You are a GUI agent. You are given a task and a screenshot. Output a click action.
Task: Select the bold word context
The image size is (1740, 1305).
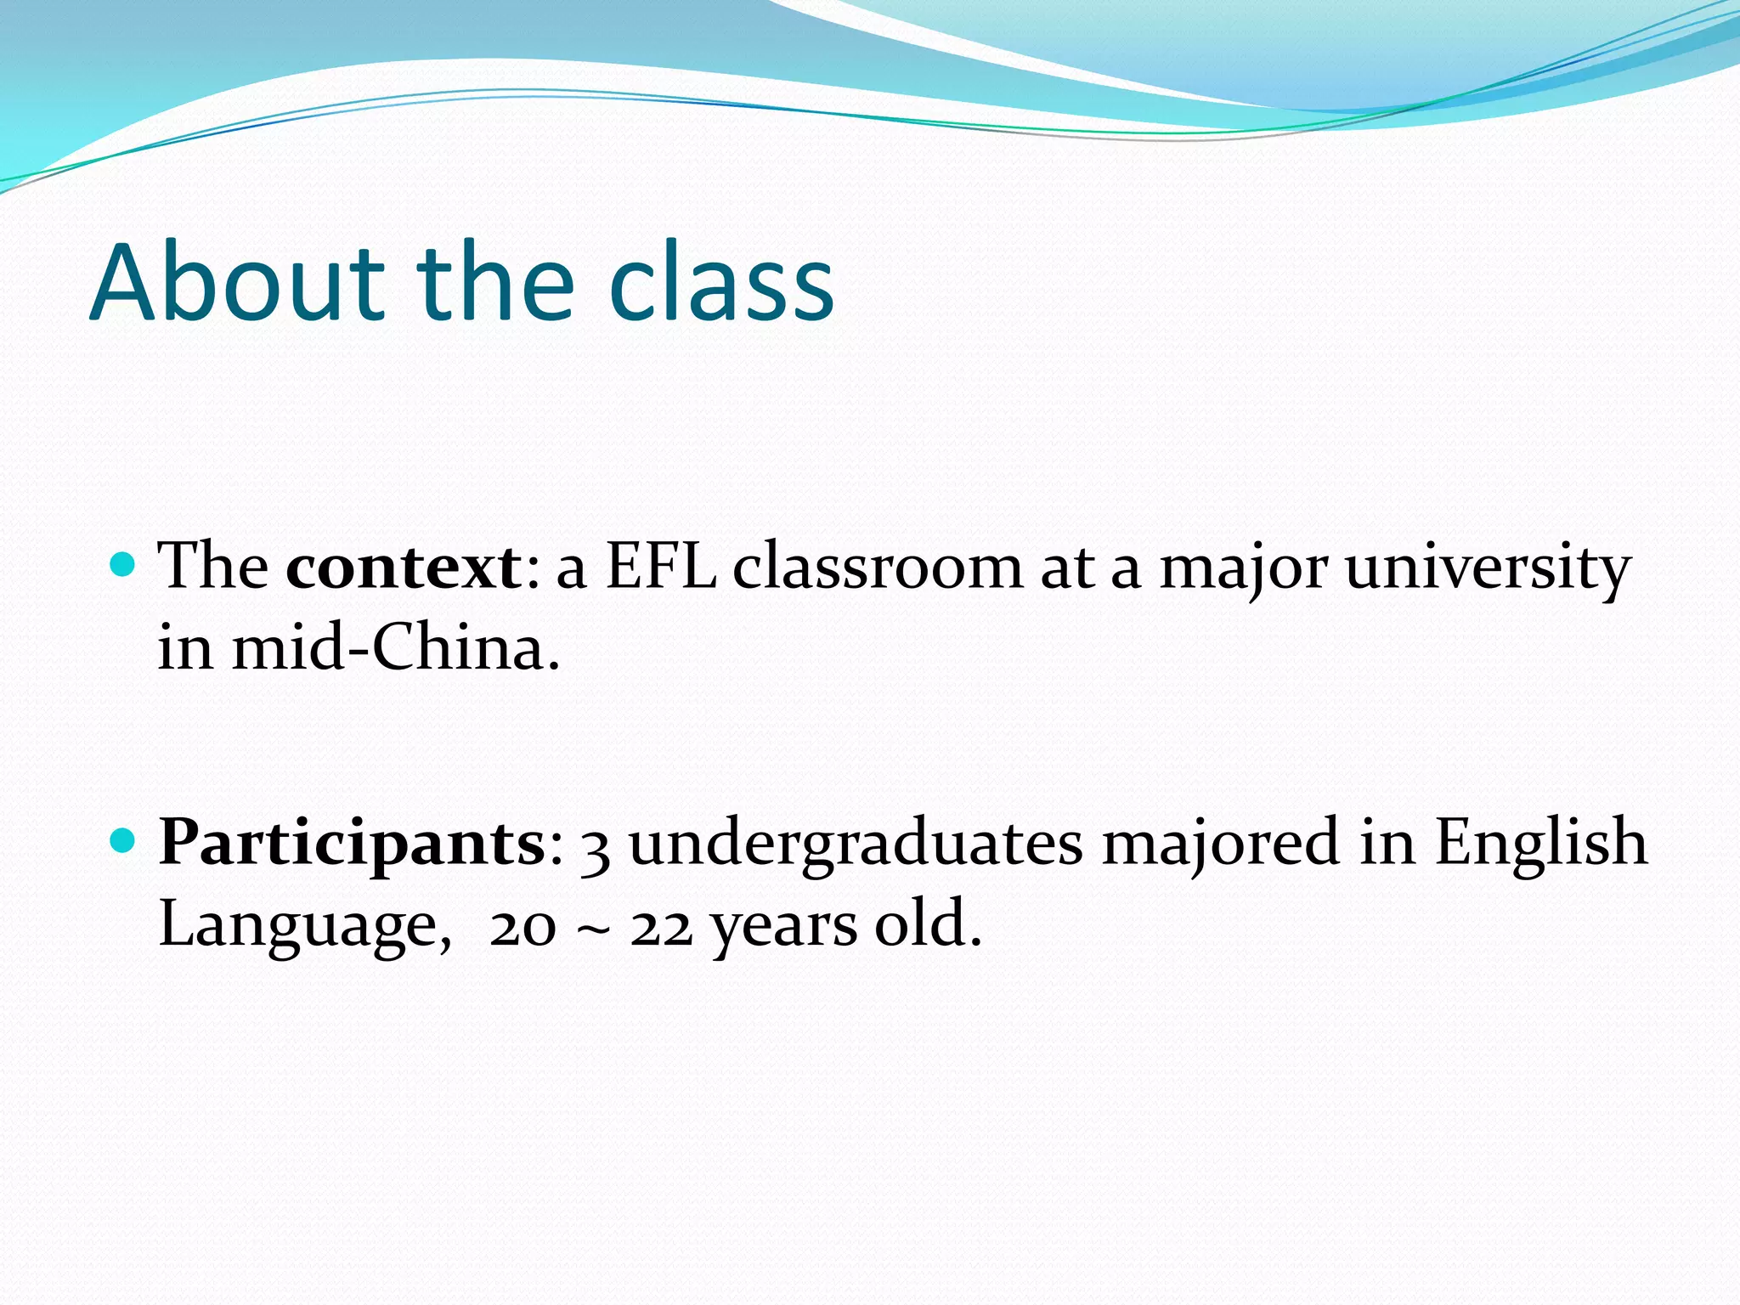[x=404, y=567]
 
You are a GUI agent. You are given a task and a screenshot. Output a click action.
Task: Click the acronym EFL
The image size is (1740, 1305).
[x=660, y=567]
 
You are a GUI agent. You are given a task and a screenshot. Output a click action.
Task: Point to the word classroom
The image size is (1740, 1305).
[x=878, y=567]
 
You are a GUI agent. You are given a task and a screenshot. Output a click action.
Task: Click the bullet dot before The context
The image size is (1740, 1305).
[x=123, y=564]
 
